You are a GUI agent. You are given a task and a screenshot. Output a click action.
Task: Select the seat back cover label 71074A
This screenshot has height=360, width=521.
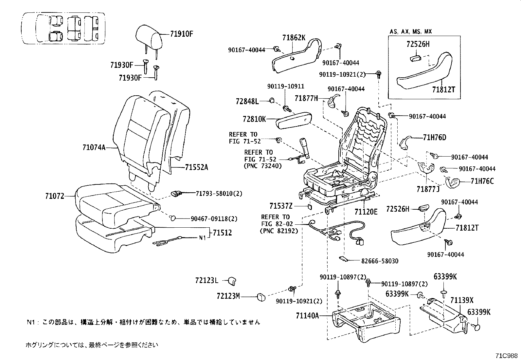pyautogui.click(x=94, y=148)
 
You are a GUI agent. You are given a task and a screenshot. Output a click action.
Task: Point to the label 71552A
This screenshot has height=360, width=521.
pyautogui.click(x=196, y=168)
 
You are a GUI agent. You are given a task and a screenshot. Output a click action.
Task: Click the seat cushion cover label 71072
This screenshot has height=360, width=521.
pyautogui.click(x=54, y=197)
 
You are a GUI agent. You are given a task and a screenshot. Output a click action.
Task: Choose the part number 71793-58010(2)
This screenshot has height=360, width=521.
pyautogui.click(x=219, y=194)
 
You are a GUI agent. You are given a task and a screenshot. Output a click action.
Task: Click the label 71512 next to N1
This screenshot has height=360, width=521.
pyautogui.click(x=222, y=233)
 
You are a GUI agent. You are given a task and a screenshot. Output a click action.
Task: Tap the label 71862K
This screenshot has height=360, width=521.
pyautogui.click(x=294, y=38)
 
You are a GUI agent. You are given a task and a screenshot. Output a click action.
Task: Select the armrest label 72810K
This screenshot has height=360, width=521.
pyautogui.click(x=254, y=119)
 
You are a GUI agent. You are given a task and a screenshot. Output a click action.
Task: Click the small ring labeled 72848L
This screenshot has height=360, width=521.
pyautogui.click(x=271, y=100)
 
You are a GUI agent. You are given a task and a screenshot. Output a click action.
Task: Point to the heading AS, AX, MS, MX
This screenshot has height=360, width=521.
pyautogui.click(x=411, y=32)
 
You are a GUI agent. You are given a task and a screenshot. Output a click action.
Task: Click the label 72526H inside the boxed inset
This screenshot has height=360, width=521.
pyautogui.click(x=418, y=45)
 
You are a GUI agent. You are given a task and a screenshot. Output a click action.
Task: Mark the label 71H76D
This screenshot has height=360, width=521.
pyautogui.click(x=435, y=138)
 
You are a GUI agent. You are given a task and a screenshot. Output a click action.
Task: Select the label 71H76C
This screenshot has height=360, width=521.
pyautogui.click(x=482, y=181)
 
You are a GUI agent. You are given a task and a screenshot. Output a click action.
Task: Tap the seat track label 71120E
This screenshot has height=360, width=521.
pyautogui.click(x=366, y=212)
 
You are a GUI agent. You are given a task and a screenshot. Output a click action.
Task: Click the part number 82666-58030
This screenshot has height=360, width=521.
pyautogui.click(x=380, y=261)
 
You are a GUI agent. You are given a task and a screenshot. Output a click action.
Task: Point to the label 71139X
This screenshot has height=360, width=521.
pyautogui.click(x=462, y=300)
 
